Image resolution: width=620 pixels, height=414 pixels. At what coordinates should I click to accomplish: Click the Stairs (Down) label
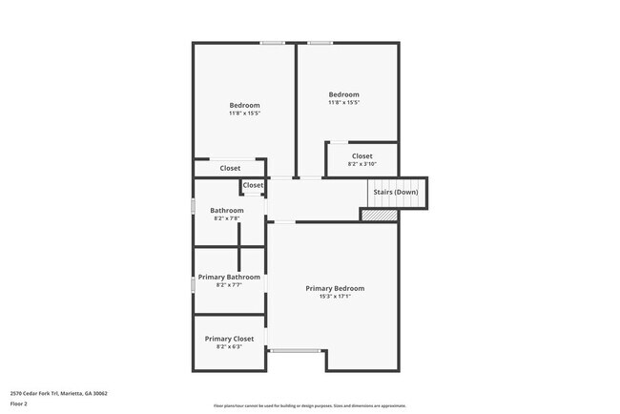[x=395, y=192]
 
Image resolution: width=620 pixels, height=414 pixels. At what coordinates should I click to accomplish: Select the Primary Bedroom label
[x=335, y=288]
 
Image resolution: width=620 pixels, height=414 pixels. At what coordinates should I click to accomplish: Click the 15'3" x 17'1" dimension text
[x=335, y=296]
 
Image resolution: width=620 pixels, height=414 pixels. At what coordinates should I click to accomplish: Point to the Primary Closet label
[x=229, y=339]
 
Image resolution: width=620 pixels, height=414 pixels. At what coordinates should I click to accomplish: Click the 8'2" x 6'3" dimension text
[x=229, y=346]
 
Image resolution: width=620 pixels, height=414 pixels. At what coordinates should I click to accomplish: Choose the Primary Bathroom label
[x=229, y=277]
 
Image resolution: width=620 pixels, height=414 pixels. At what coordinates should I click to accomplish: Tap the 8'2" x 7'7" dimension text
[x=229, y=284]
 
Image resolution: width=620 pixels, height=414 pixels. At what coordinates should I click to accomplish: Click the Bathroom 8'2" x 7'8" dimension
[x=227, y=217]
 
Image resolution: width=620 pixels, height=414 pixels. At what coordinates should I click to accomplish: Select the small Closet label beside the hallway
[x=253, y=185]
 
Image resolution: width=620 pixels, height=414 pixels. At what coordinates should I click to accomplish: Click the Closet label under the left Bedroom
[x=230, y=168]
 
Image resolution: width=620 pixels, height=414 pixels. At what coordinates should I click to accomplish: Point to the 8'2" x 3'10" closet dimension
[x=362, y=163]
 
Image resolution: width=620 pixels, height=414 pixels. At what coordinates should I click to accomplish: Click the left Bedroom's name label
[x=244, y=105]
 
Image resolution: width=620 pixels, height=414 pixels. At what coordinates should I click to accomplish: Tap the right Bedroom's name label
[x=343, y=94]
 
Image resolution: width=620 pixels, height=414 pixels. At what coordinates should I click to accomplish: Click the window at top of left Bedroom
[x=274, y=42]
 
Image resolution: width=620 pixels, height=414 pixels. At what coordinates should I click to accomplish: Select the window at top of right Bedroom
[x=320, y=42]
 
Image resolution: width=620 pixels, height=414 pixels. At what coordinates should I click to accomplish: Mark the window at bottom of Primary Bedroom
[x=295, y=351]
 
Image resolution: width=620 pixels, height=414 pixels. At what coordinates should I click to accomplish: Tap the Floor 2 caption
[x=20, y=403]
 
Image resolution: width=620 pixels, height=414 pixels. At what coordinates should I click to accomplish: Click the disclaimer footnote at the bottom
[x=310, y=405]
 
